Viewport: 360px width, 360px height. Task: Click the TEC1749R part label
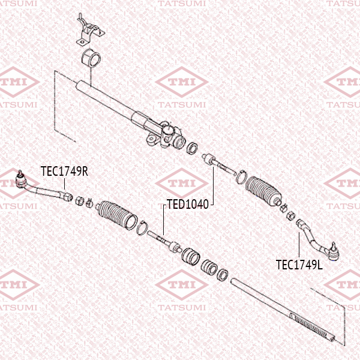64,171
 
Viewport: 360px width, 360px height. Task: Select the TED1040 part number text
187,204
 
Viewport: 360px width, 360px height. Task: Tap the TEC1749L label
299,264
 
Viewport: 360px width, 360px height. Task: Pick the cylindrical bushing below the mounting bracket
91,59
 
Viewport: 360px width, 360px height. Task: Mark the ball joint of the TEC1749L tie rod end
333,248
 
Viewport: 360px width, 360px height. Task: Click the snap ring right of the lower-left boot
142,228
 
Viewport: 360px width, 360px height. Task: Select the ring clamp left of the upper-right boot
240,176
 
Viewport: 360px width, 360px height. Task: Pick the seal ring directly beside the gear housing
194,147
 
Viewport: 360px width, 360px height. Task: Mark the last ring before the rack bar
221,274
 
